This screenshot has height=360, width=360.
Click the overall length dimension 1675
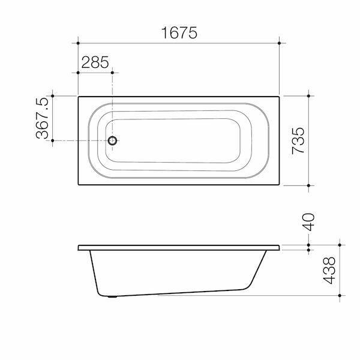tap(179, 33)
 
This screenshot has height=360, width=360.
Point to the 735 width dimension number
tap(298, 140)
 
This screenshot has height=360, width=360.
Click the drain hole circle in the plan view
tap(112, 140)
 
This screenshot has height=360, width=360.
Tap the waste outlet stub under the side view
tap(112, 296)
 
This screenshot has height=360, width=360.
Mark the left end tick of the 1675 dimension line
tap(78, 43)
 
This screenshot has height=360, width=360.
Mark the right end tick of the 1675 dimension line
tap(280, 43)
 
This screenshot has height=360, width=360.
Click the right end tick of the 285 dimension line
tap(112, 72)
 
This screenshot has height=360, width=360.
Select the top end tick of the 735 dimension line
tap(308, 95)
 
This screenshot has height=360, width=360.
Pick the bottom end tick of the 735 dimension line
tap(308, 186)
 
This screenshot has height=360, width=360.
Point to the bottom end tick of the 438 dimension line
tap(340, 296)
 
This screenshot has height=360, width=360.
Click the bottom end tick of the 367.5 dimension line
tap(53, 140)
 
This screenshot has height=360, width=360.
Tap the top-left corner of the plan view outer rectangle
tap(78, 95)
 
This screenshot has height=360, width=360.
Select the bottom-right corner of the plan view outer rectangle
tap(280, 186)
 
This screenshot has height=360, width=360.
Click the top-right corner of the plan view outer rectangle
tap(280, 95)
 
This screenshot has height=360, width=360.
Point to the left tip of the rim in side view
tap(79, 247)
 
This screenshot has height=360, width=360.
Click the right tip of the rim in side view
tap(280, 247)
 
